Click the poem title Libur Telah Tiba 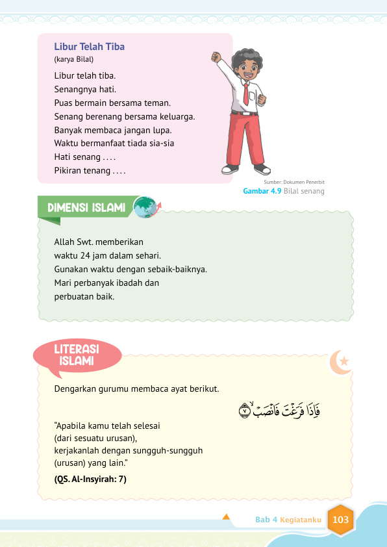(x=90, y=47)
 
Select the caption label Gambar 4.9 (x=262, y=192)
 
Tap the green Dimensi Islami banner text (x=86, y=208)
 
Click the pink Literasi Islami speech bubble (x=77, y=355)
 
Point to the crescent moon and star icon (x=340, y=363)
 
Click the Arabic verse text (x=280, y=410)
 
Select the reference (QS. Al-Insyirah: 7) (x=90, y=479)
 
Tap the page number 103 (x=340, y=520)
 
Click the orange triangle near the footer (x=227, y=517)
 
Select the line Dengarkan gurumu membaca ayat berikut (x=137, y=389)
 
